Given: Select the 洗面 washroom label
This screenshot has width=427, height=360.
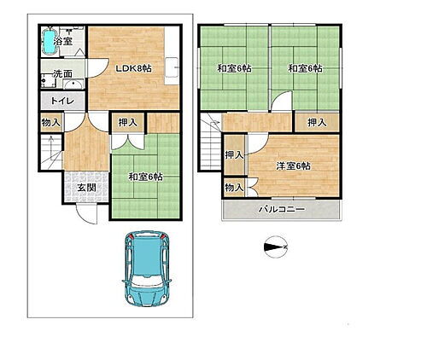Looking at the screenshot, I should click(x=59, y=74).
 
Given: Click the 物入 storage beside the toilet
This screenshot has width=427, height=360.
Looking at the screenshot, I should click(x=50, y=123).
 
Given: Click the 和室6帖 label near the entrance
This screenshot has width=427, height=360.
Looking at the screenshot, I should click(x=145, y=177).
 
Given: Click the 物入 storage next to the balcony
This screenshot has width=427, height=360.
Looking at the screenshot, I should click(x=233, y=186).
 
